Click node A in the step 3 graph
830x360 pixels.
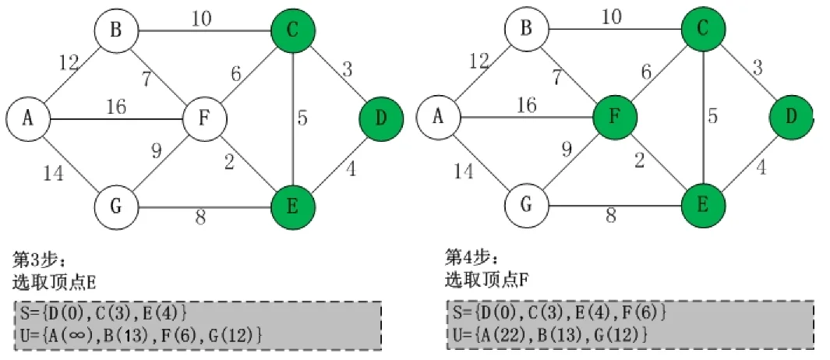28,119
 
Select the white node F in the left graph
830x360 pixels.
204,119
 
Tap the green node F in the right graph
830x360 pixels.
614,119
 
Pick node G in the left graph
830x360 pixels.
116,207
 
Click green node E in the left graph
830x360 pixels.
292,207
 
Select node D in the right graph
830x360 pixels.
790,119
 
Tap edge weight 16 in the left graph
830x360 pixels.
115,106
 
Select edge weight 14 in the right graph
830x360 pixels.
464,171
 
